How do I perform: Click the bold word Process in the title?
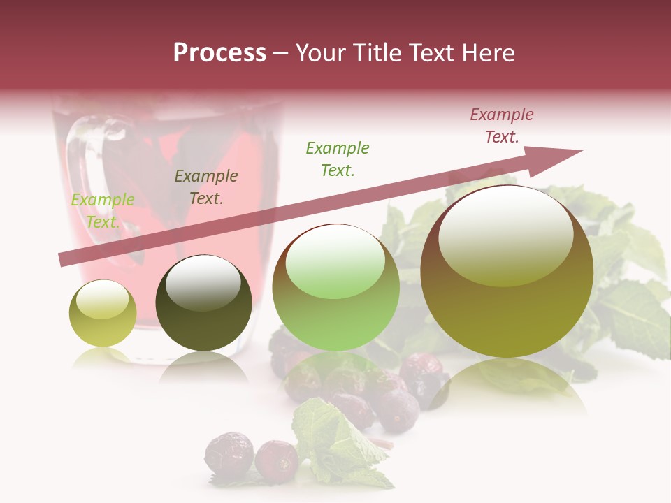[219, 53]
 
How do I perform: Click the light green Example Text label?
[103, 211]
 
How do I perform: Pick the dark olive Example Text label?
[206, 187]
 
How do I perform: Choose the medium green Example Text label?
[338, 159]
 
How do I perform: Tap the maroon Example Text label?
[502, 126]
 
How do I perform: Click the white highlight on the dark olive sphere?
[203, 282]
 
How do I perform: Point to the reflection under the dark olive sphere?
[203, 367]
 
